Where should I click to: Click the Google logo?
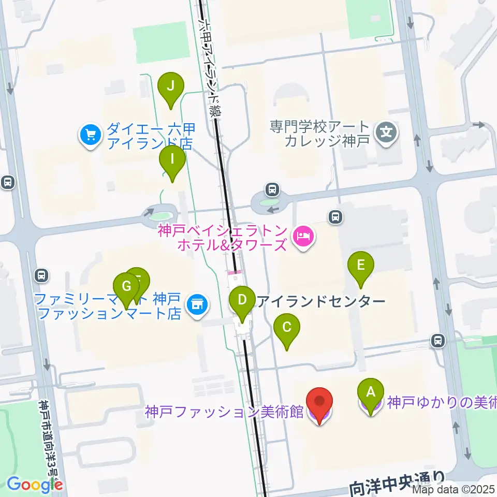tap(35, 485)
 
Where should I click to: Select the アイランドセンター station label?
tap(321, 301)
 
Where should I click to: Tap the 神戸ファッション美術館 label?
tap(224, 412)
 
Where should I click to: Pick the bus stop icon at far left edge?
tap(8, 182)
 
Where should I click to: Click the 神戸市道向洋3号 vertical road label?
tap(49, 445)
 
